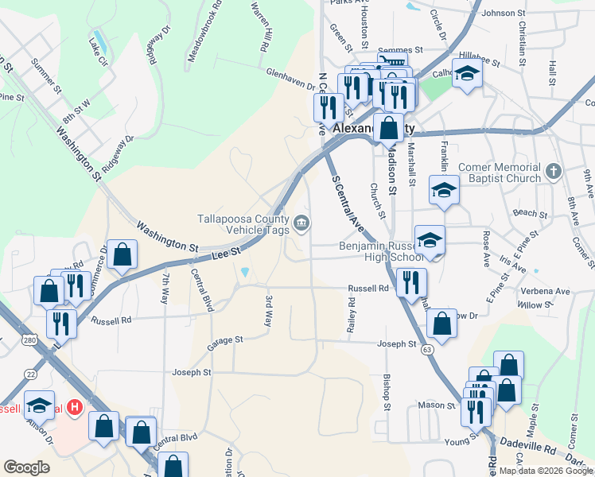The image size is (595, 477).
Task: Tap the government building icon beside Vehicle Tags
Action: [x=302, y=223]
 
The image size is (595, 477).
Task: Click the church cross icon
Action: [x=554, y=171]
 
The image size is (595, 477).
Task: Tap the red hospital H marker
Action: [x=74, y=408]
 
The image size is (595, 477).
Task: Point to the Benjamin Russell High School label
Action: [x=381, y=251]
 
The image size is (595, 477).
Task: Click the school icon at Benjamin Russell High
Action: [x=430, y=240]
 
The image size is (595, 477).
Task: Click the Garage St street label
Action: [x=224, y=341]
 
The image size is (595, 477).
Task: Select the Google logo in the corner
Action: [x=25, y=468]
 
